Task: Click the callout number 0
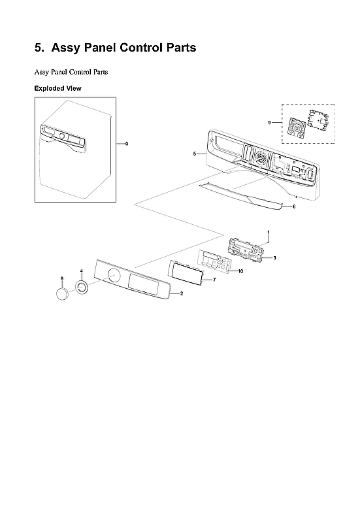click(x=127, y=143)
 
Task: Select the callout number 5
click(x=195, y=154)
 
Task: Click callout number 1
click(x=268, y=233)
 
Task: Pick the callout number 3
click(x=274, y=258)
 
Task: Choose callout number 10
click(x=241, y=271)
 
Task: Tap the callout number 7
click(x=214, y=279)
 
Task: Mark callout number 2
click(x=181, y=294)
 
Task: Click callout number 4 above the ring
click(x=81, y=271)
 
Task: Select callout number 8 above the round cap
click(x=61, y=278)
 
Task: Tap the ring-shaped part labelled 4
click(x=82, y=286)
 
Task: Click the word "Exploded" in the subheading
click(x=50, y=88)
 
